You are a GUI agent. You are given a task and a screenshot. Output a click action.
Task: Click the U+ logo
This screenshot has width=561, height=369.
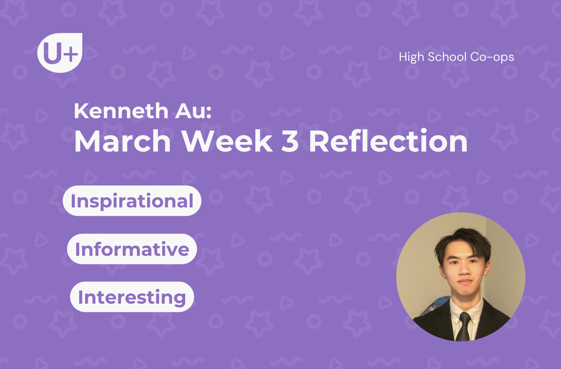tap(60, 53)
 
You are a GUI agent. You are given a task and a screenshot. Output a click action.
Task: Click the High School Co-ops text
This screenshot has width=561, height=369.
tap(456, 57)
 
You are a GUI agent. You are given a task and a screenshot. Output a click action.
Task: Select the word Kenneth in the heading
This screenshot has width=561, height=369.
tap(121, 111)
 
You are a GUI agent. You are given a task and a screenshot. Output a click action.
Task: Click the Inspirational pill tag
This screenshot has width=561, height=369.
tap(132, 201)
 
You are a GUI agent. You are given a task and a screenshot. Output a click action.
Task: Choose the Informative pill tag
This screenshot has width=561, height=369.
tap(132, 249)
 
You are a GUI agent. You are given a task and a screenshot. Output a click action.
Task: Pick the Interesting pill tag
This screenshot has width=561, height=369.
tap(132, 297)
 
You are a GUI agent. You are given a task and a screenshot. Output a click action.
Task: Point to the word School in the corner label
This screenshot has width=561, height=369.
tap(447, 57)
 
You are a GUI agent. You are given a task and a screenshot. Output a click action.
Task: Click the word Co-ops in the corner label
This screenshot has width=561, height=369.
tap(492, 57)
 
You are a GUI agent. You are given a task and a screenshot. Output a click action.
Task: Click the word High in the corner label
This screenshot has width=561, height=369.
tap(411, 57)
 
